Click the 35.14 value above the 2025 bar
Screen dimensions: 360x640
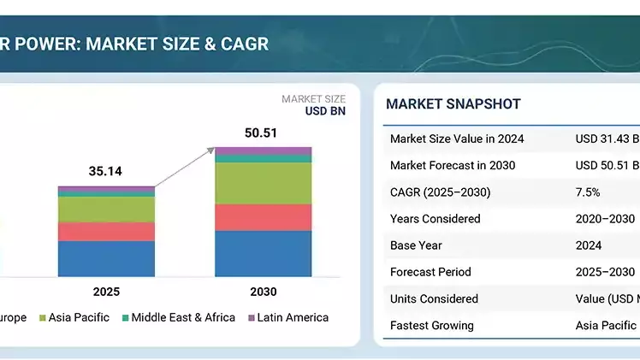[x=105, y=171]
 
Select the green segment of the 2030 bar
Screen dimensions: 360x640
[x=263, y=183]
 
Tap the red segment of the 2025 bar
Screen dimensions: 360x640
[x=106, y=232]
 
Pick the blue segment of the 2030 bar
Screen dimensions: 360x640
[x=263, y=254]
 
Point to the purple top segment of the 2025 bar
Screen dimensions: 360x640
[x=106, y=189]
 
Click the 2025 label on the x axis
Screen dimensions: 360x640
[x=106, y=292]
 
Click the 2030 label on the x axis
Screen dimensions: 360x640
[x=263, y=292]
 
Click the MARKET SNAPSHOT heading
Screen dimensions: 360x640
[x=453, y=104]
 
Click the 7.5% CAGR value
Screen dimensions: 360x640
[x=588, y=192]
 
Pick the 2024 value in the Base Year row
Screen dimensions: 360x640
[x=589, y=245]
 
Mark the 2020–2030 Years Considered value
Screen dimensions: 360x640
[x=605, y=219]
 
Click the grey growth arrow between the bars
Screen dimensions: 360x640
[x=184, y=167]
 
